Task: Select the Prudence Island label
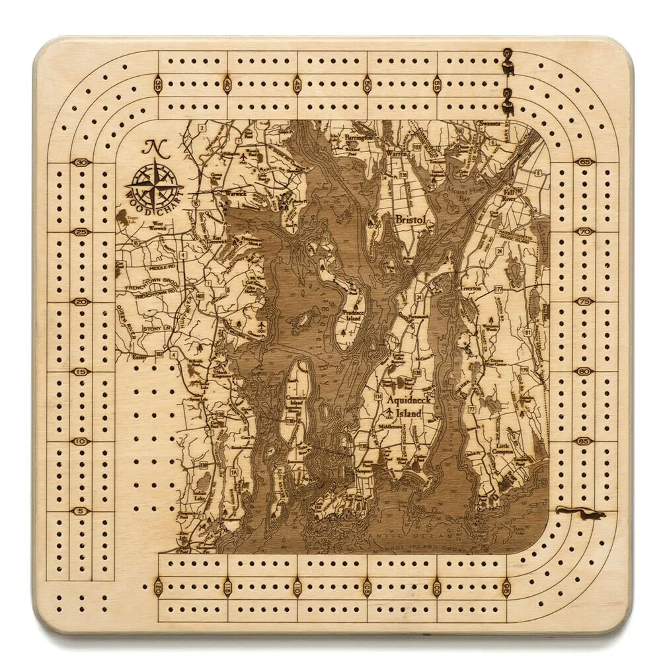353,315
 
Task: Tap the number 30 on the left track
83,163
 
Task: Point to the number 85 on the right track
584,441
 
